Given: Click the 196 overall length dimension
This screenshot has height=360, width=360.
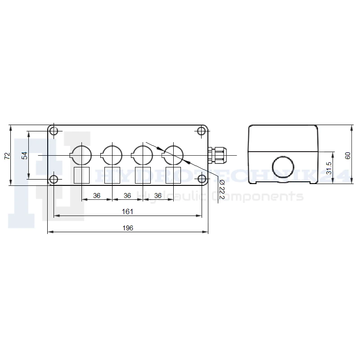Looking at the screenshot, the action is [128, 228].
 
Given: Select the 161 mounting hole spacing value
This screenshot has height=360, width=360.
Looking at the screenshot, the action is [127, 211].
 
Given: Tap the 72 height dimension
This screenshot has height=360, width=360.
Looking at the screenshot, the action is [7, 156].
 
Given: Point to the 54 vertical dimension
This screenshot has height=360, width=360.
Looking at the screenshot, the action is [24, 156].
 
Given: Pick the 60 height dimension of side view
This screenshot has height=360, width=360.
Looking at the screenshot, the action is [348, 156].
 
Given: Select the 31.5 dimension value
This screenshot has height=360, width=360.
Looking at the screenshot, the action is [329, 168].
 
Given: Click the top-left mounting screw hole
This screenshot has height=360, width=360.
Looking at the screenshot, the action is [54, 131].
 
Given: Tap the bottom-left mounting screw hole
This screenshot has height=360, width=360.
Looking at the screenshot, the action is [54, 179].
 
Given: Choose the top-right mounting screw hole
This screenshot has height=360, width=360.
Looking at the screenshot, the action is [202, 131].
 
